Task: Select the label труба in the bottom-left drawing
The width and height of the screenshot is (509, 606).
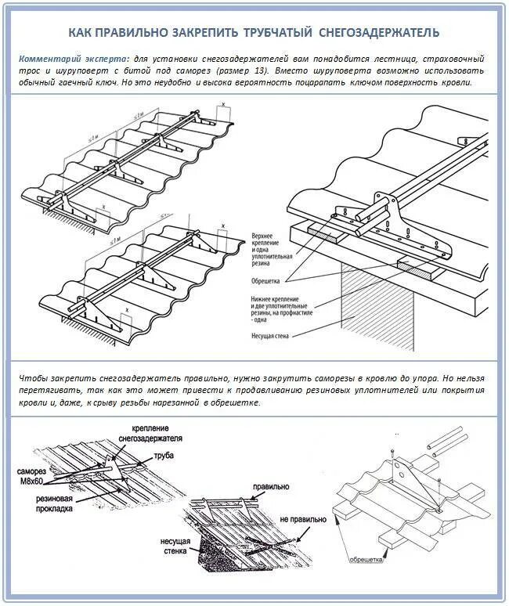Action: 164,455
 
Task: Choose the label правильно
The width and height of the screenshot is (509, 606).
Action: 271,486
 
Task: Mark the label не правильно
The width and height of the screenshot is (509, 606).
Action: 300,519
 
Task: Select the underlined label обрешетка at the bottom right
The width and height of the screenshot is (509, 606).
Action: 364,560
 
